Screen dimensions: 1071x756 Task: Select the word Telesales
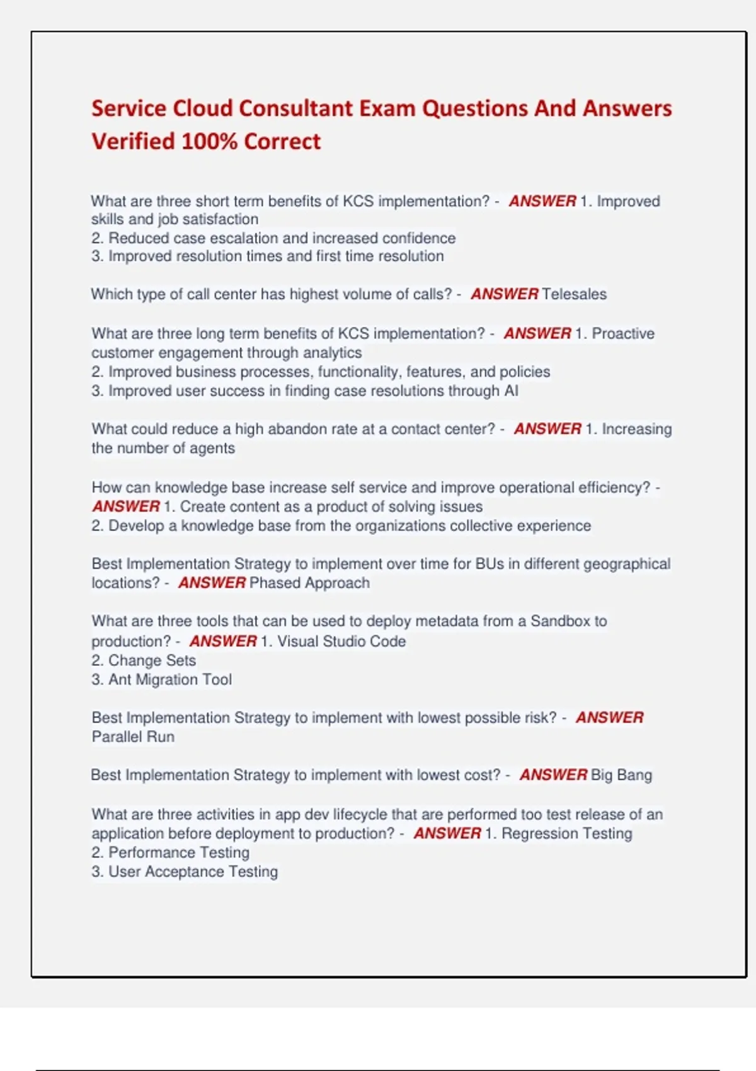(574, 294)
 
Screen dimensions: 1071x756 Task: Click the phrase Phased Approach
(309, 583)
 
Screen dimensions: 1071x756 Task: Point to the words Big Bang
(621, 775)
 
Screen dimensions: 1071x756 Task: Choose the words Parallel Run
(133, 736)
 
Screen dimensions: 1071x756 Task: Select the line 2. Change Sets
(144, 660)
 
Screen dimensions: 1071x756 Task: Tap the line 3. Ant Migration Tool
(161, 679)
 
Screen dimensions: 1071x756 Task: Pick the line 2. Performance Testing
(170, 852)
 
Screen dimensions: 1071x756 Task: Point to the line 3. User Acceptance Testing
(185, 871)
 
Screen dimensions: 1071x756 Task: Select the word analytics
(332, 353)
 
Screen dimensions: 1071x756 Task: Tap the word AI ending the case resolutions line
(511, 391)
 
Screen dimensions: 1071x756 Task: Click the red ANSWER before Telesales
(504, 294)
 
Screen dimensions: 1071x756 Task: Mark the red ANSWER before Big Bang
(553, 775)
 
